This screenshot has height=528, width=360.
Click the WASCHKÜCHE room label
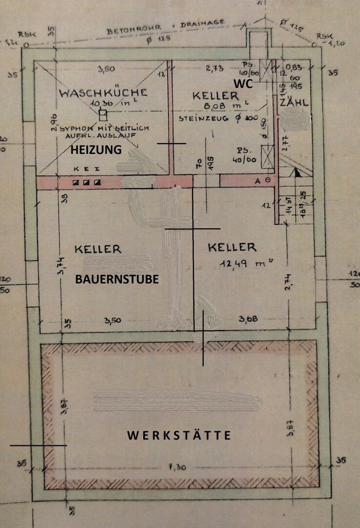click(x=103, y=93)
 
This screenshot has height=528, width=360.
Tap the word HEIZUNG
click(x=96, y=151)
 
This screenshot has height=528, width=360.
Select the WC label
click(x=242, y=84)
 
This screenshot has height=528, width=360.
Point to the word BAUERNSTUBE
click(x=117, y=280)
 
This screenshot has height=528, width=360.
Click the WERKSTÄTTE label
click(x=179, y=435)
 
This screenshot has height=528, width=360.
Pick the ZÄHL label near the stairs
click(x=293, y=104)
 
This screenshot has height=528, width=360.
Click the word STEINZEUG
click(x=198, y=118)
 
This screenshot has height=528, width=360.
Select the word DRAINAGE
click(x=203, y=23)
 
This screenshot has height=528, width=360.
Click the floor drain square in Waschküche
click(x=103, y=115)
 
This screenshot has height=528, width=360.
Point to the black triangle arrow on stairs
click(x=296, y=172)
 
